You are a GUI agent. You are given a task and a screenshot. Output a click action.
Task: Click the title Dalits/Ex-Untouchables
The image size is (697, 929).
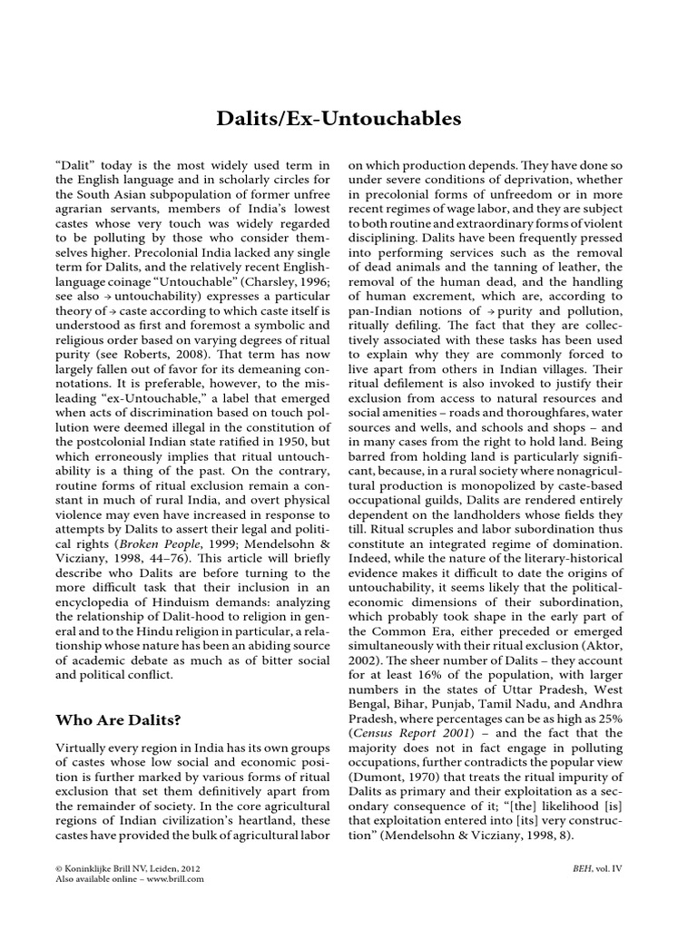348,118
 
